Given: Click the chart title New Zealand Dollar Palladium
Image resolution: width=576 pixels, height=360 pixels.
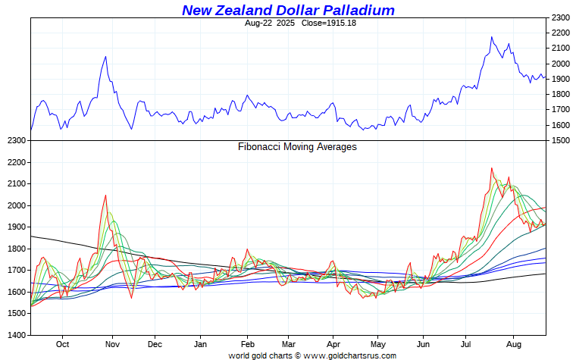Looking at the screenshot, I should [288, 10].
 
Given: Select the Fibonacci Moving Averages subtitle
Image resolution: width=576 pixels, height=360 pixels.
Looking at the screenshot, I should [297, 147].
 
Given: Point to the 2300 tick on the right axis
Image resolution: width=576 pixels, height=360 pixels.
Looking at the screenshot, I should [561, 17].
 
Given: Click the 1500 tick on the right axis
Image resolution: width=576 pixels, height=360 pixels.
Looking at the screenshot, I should [561, 141].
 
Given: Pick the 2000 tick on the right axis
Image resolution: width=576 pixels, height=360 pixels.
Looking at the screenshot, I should [561, 64].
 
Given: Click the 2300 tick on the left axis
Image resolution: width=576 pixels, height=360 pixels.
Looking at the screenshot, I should [15, 141].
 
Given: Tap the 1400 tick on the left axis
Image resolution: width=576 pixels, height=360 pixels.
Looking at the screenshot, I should [15, 335].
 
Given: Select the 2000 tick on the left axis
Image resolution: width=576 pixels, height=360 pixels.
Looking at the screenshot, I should [15, 205].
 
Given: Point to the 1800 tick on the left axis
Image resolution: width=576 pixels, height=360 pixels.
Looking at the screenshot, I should [15, 249].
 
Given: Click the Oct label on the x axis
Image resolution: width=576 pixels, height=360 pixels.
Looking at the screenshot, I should [63, 343].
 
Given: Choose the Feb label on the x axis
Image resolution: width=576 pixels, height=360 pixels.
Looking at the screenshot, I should [247, 343].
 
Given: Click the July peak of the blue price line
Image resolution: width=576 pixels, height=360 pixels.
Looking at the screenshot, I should [492, 36].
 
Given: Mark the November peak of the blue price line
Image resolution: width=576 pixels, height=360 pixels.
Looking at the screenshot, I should [105, 56].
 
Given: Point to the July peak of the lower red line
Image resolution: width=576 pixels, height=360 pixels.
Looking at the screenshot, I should [492, 168].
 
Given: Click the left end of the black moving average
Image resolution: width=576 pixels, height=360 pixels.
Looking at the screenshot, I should [31, 236].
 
